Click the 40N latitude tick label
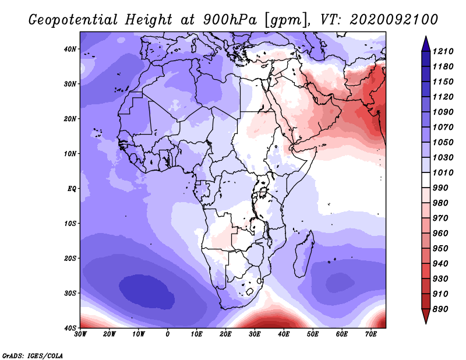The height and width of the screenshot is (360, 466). pyautogui.click(x=70, y=49)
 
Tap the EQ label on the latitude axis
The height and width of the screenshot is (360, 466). pyautogui.click(x=72, y=189)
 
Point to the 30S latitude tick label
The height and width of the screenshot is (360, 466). pyautogui.click(x=70, y=294)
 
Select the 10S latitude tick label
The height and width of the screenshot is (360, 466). pyautogui.click(x=70, y=224)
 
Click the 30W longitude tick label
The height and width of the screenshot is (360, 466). pyautogui.click(x=80, y=334)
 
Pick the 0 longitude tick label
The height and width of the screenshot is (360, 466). pyautogui.click(x=168, y=334)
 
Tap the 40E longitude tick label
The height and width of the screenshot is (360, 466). pyautogui.click(x=284, y=334)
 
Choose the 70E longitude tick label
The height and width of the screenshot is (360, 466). pyautogui.click(x=371, y=334)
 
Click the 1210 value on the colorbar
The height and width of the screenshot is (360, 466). pyautogui.click(x=443, y=51)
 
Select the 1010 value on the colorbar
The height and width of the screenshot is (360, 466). pyautogui.click(x=443, y=172)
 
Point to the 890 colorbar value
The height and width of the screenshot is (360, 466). pyautogui.click(x=440, y=309)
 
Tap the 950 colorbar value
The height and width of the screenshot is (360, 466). pyautogui.click(x=440, y=249)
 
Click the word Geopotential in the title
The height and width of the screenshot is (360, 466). pyautogui.click(x=73, y=20)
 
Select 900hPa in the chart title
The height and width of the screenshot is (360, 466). pyautogui.click(x=230, y=20)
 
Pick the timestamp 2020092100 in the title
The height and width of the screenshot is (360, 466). pyautogui.click(x=394, y=19)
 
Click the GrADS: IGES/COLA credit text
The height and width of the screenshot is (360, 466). pyautogui.click(x=33, y=356)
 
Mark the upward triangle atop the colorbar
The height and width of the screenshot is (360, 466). pyautogui.click(x=426, y=44)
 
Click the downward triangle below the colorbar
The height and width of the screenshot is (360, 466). pyautogui.click(x=426, y=316)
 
